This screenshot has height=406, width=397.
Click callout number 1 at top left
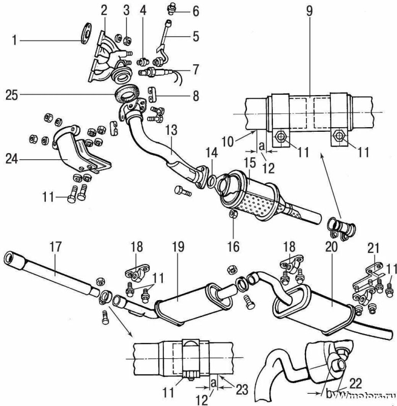[14, 40]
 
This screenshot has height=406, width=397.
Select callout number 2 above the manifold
[104, 11]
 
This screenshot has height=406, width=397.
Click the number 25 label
[12, 95]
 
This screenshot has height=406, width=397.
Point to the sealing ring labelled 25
[127, 93]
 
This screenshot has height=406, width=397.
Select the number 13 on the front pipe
[171, 130]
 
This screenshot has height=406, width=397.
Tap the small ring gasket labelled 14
[211, 180]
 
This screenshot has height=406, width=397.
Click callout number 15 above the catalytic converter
[250, 163]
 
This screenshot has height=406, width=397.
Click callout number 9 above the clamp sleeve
[310, 11]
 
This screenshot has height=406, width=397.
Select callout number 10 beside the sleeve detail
[228, 141]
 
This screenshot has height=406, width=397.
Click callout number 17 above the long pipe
[55, 246]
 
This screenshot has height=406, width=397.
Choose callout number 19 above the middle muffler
[178, 247]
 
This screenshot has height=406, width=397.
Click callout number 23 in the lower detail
[242, 389]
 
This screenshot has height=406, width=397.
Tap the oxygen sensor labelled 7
[158, 72]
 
